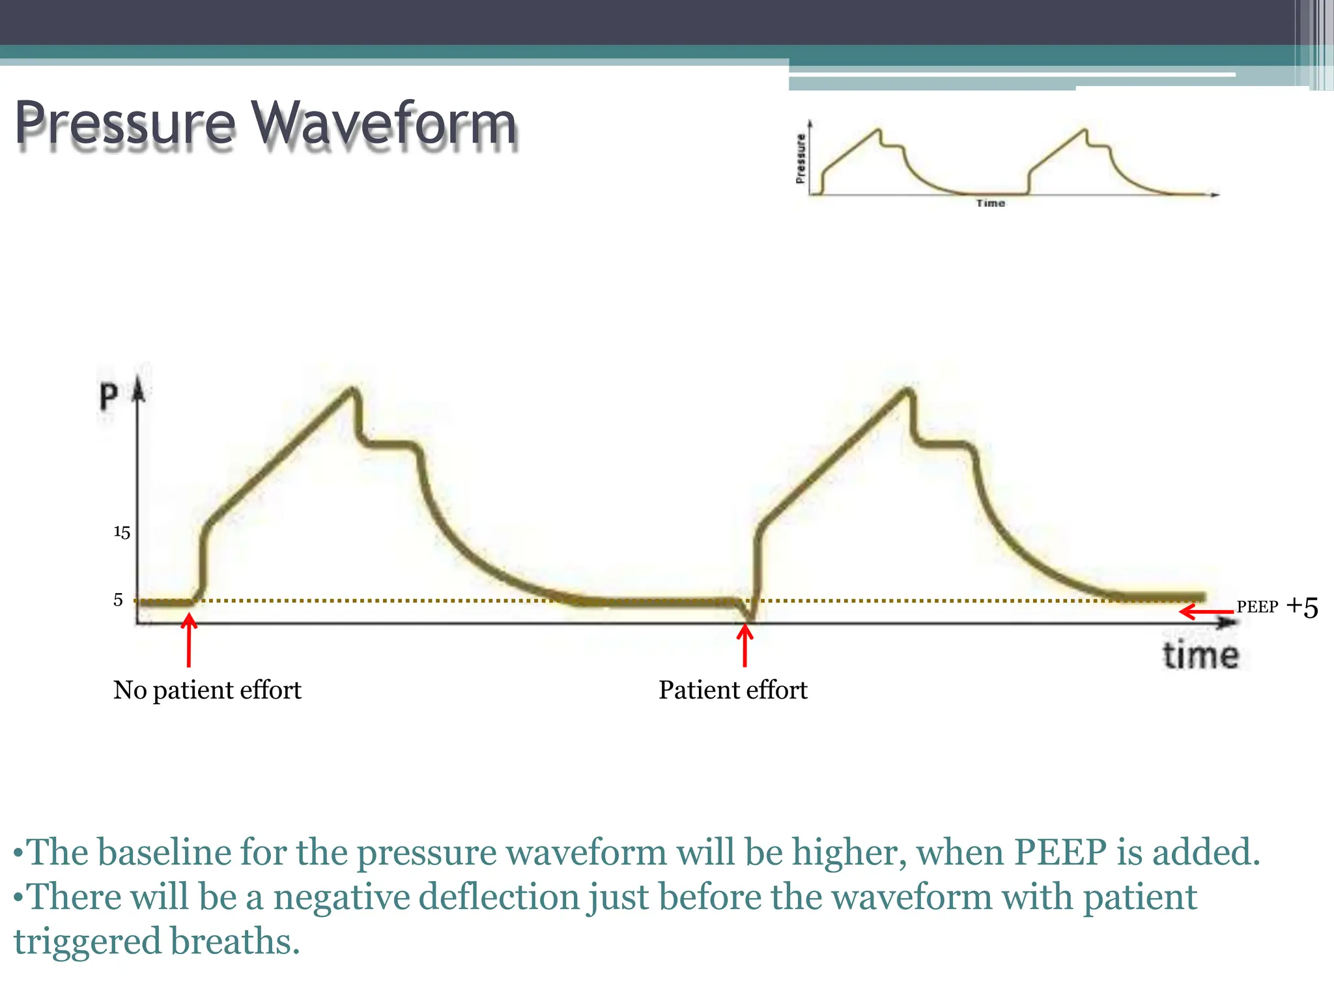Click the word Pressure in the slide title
coord(124,124)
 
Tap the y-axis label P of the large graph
coord(108,396)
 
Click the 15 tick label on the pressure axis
coord(122,532)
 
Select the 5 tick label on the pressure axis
coord(118,600)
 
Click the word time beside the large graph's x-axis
coord(1200,655)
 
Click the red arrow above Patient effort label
coord(745,645)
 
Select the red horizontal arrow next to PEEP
coord(1206,612)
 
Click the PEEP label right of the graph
coord(1257,607)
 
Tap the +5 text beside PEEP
coord(1302,607)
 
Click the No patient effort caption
coord(207,689)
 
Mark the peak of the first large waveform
coord(352,391)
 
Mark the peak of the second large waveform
coord(907,391)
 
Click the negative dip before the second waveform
coord(750,617)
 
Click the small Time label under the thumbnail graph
coord(990,203)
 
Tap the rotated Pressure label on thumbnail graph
coord(801,158)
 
